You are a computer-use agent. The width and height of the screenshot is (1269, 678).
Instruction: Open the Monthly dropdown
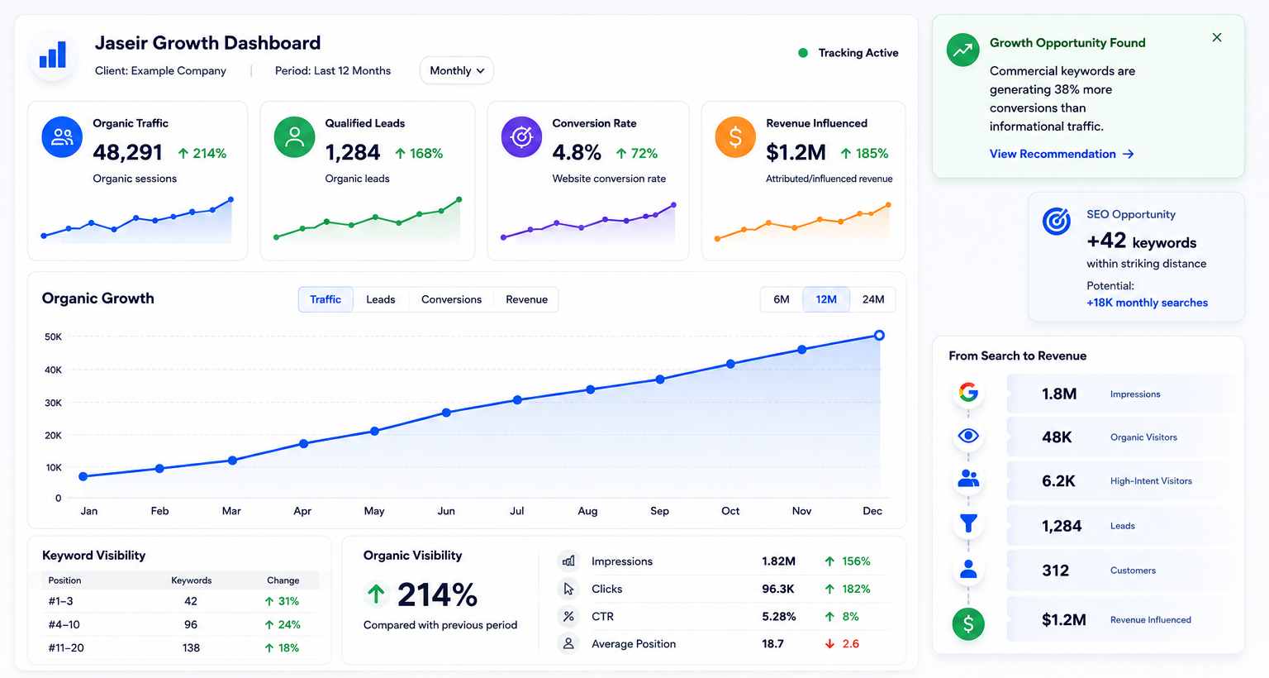(x=457, y=71)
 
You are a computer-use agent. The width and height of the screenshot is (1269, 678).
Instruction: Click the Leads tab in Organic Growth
(x=380, y=299)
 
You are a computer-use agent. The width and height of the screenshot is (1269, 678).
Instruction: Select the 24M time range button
(x=873, y=299)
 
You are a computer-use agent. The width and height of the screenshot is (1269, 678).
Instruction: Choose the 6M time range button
(x=782, y=299)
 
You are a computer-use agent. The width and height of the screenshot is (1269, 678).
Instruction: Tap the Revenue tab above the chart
(x=526, y=299)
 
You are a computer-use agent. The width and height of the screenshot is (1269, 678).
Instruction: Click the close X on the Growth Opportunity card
(x=1217, y=37)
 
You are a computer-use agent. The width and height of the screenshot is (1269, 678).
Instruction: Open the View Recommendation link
(x=1061, y=154)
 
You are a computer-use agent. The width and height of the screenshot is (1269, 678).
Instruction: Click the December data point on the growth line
(x=879, y=336)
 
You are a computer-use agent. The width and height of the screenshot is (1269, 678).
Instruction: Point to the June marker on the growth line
(x=446, y=413)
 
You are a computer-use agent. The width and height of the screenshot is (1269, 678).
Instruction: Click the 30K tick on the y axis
(x=53, y=403)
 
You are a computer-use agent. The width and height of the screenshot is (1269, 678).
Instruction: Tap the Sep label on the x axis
(x=659, y=511)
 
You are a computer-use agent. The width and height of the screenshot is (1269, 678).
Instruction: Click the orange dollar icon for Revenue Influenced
(x=734, y=137)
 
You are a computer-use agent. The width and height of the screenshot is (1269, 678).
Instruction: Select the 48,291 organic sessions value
(x=127, y=152)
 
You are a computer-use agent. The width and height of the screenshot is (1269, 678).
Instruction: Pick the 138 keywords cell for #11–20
(x=191, y=648)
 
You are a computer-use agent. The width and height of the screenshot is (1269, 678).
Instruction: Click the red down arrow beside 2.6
(x=829, y=644)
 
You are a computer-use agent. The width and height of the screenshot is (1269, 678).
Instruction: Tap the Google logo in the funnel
(x=968, y=392)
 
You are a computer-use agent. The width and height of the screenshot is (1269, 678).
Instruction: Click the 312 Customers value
(x=1055, y=571)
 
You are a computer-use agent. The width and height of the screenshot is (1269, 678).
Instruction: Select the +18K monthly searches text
(x=1147, y=303)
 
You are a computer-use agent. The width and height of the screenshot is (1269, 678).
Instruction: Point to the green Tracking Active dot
(x=803, y=53)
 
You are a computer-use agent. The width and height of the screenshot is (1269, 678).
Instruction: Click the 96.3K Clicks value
(x=777, y=589)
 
